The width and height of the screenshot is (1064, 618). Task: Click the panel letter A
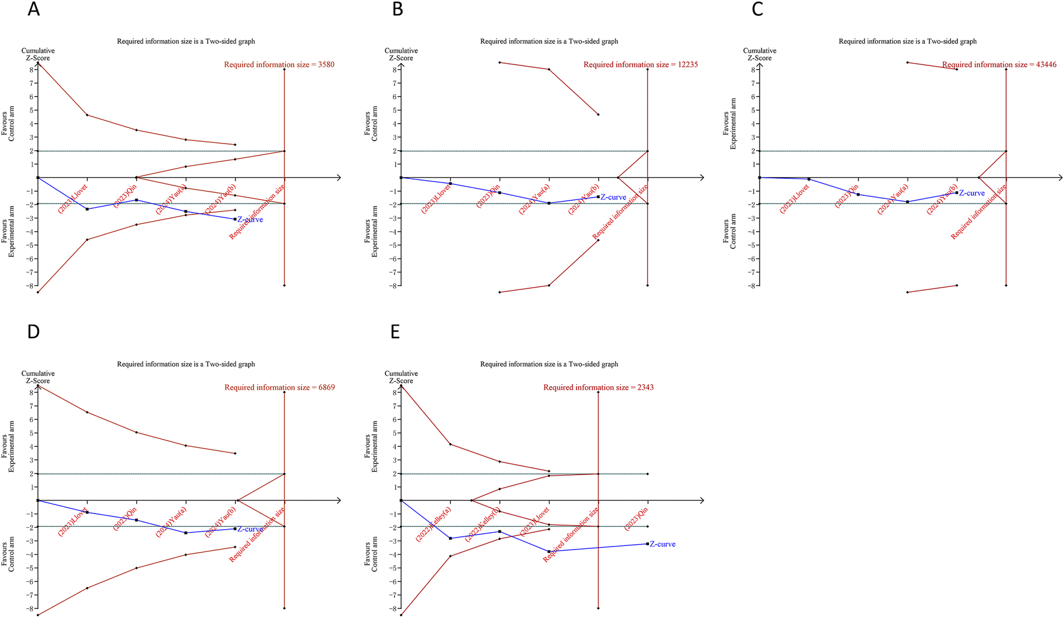[34, 10]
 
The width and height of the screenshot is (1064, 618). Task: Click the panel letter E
[395, 332]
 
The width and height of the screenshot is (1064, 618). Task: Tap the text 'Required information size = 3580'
[279, 64]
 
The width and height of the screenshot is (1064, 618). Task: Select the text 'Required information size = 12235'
[641, 64]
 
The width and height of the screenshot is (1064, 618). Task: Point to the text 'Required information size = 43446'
[999, 64]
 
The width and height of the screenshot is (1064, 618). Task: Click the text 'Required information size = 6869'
[280, 387]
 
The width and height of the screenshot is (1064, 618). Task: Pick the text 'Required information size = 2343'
[599, 387]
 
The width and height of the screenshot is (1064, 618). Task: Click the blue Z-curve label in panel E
[662, 544]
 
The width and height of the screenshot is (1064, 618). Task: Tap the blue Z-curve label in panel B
[613, 197]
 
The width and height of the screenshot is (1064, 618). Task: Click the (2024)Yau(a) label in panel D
[171, 522]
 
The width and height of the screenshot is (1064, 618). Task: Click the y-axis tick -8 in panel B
[394, 286]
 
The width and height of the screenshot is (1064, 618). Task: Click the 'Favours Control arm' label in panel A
[8, 126]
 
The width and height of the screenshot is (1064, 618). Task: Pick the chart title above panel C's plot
[907, 41]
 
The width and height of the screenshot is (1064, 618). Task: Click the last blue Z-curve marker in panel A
[235, 219]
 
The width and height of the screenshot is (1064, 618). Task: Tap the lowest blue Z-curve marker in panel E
[549, 551]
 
